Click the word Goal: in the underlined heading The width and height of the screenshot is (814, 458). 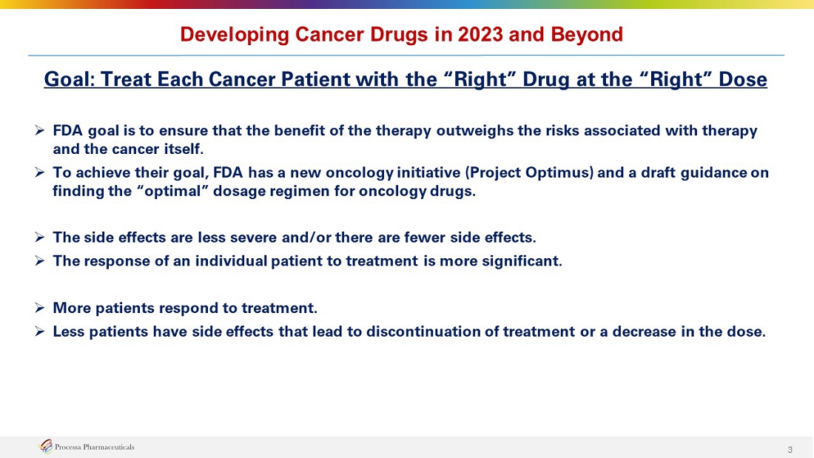point(69,79)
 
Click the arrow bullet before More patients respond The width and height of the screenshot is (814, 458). point(39,308)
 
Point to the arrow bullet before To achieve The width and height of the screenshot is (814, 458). point(39,172)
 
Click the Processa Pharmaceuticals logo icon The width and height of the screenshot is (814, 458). point(46,446)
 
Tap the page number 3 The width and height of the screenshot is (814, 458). point(790,450)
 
